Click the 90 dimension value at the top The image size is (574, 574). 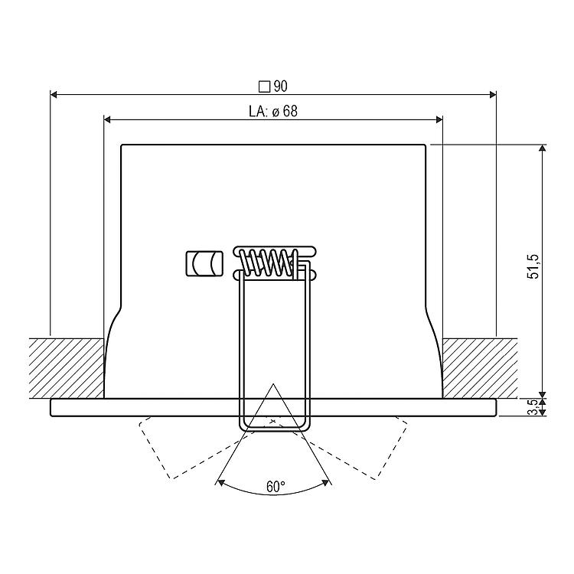[x=280, y=86]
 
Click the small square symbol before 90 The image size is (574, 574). [x=264, y=86]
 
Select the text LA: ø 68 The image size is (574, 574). [x=273, y=111]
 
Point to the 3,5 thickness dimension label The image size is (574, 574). [x=534, y=406]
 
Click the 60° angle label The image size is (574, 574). [x=276, y=487]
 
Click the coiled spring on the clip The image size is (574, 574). [x=268, y=262]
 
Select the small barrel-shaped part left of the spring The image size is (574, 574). [x=204, y=263]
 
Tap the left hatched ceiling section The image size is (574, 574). [x=67, y=368]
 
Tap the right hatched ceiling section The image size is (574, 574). [x=480, y=368]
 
